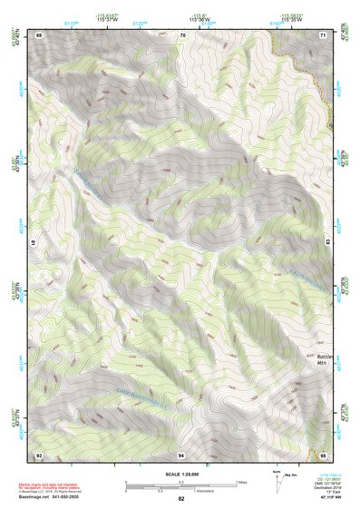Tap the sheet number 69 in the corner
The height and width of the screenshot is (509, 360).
[39, 34]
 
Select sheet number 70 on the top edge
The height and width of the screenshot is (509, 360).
[182, 34]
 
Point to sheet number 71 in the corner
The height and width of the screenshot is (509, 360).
[324, 34]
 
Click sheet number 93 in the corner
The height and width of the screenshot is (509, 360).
[39, 454]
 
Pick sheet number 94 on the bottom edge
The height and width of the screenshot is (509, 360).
[182, 454]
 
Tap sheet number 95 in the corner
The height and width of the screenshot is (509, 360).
[324, 454]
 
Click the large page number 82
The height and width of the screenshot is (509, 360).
[181, 499]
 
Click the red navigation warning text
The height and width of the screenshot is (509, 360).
[51, 486]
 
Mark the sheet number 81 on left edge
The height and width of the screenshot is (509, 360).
[34, 243]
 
